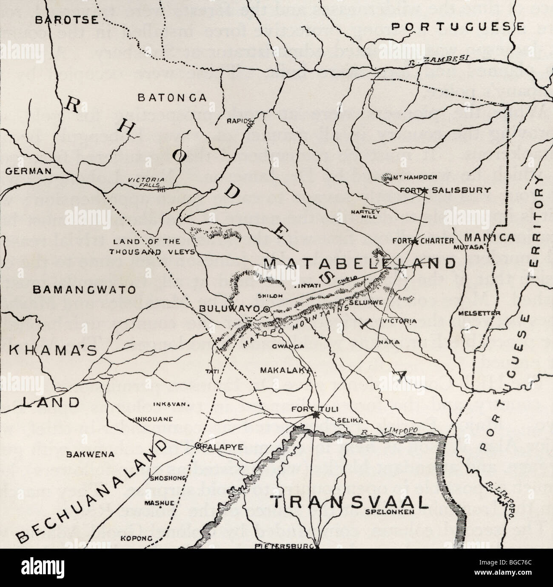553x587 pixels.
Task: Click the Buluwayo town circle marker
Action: [266, 309]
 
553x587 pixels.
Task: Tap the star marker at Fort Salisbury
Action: [424, 191]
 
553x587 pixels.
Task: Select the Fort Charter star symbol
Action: [414, 241]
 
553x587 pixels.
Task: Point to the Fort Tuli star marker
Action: [315, 415]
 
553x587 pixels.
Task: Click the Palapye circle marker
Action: [198, 446]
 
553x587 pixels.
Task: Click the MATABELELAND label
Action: [359, 263]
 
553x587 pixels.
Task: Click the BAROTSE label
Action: [66, 19]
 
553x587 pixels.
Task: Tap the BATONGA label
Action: [172, 97]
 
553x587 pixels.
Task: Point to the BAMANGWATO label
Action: [84, 291]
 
